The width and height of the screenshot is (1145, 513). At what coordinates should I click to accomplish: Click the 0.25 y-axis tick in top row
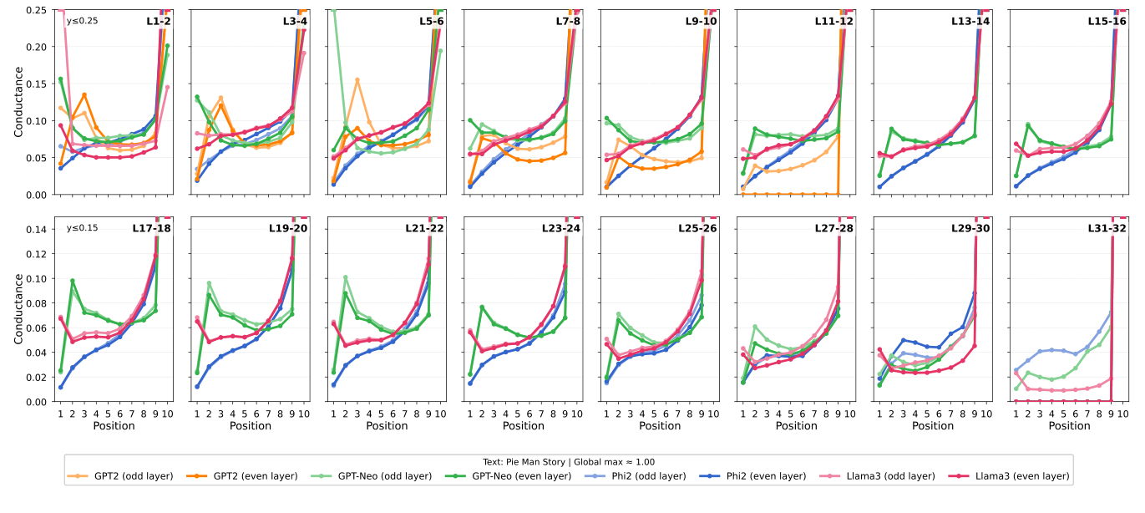37,10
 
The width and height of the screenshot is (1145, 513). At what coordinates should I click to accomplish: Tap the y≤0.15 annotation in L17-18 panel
82,227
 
